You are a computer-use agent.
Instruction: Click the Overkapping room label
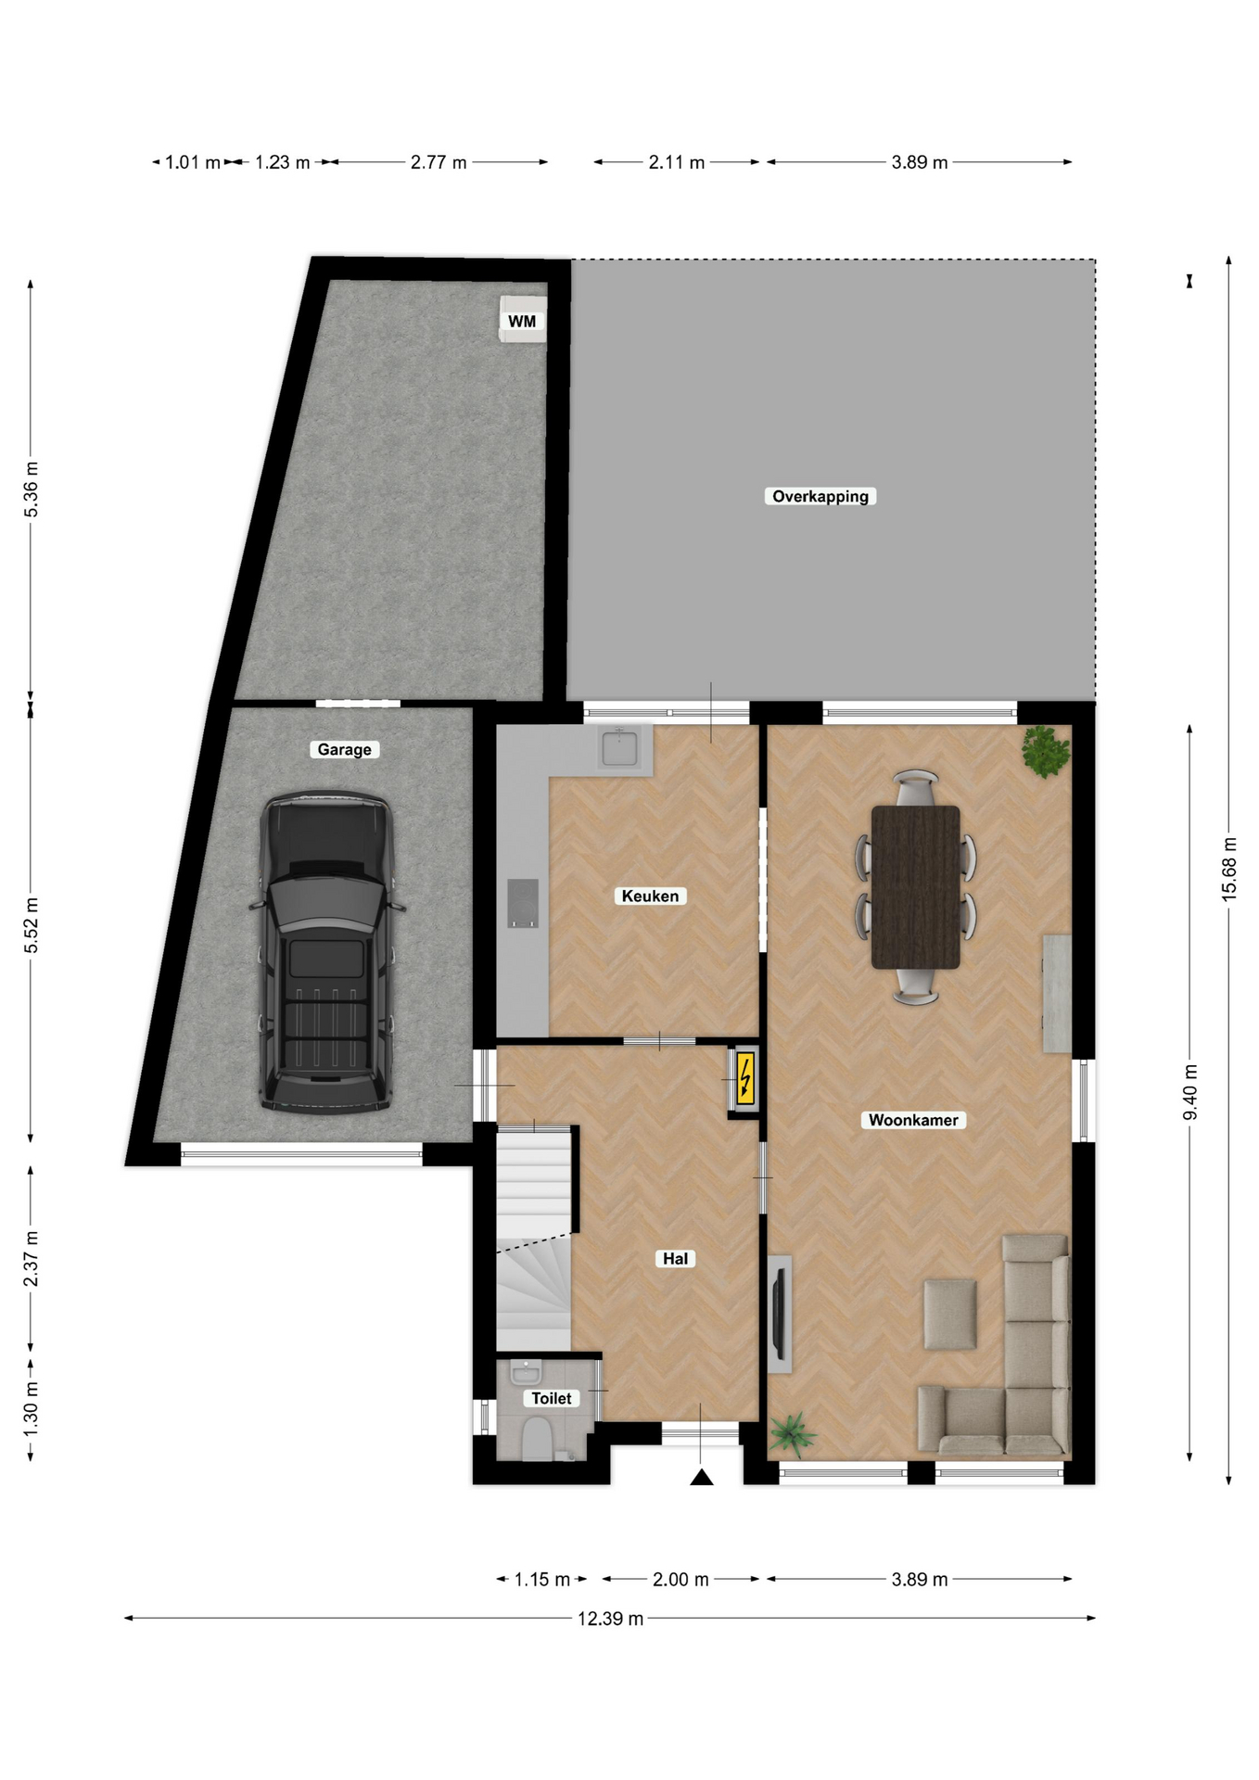coord(820,496)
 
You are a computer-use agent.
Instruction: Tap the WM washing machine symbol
coord(523,319)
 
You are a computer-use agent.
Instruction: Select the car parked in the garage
coord(326,951)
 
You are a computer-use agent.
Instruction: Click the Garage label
coord(344,749)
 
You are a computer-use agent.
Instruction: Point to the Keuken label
coord(650,896)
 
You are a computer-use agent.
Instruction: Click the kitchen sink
coord(619,747)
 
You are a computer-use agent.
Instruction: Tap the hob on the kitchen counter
coord(523,903)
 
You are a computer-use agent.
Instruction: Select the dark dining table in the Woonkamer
coord(916,887)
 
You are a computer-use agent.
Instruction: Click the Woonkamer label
coord(913,1120)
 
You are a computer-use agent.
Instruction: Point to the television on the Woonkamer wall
coord(780,1314)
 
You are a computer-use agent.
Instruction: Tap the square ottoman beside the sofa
coord(950,1315)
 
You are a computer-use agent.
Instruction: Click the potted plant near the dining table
coord(1047,751)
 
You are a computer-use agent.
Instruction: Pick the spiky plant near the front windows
coord(792,1432)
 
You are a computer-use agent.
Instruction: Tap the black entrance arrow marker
coord(702,1477)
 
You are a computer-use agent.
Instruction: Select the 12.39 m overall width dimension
coord(610,1619)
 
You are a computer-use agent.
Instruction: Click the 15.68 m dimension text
coord(1229,869)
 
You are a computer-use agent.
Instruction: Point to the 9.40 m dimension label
coord(1190,1092)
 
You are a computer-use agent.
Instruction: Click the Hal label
coord(675,1258)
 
